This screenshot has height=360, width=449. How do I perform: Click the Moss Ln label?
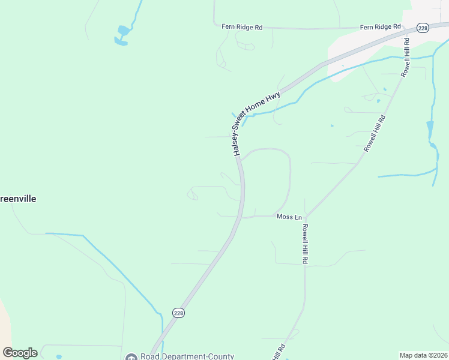coord(289,217)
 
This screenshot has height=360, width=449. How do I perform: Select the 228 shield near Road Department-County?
coord(178,313)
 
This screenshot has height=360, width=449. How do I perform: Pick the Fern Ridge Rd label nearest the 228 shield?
coord(380,27)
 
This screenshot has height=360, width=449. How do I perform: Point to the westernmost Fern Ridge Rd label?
coord(243,28)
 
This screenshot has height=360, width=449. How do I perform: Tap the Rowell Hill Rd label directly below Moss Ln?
coord(305,244)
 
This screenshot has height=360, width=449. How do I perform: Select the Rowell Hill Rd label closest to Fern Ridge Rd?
coord(406,57)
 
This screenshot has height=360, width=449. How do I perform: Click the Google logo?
coord(20,353)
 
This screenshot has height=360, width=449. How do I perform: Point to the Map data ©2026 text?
coord(423,355)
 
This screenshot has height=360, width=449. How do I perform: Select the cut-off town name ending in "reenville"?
coord(18,199)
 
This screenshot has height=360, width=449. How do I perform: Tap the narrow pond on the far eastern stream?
coord(430,128)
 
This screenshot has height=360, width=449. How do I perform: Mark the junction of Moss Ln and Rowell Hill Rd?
coord(305,217)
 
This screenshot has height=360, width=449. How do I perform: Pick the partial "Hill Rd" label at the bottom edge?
coord(277,350)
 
